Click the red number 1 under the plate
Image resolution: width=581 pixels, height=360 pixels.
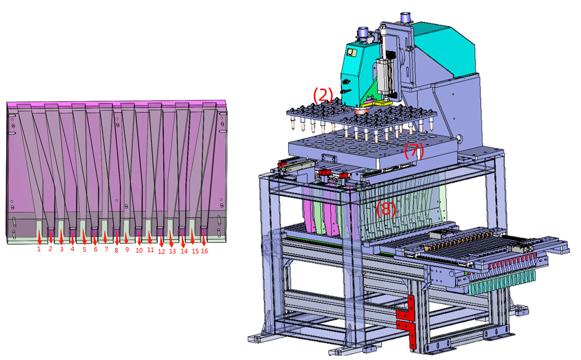[39, 249]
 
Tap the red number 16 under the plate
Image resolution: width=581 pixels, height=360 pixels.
[204, 251]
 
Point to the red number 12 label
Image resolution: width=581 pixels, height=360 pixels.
[161, 252]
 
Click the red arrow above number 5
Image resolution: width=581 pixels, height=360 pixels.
[84, 237]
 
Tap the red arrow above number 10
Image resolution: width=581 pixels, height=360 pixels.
[139, 239]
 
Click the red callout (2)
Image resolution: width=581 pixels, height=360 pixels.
[323, 95]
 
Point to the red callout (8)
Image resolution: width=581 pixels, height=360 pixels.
[386, 209]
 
